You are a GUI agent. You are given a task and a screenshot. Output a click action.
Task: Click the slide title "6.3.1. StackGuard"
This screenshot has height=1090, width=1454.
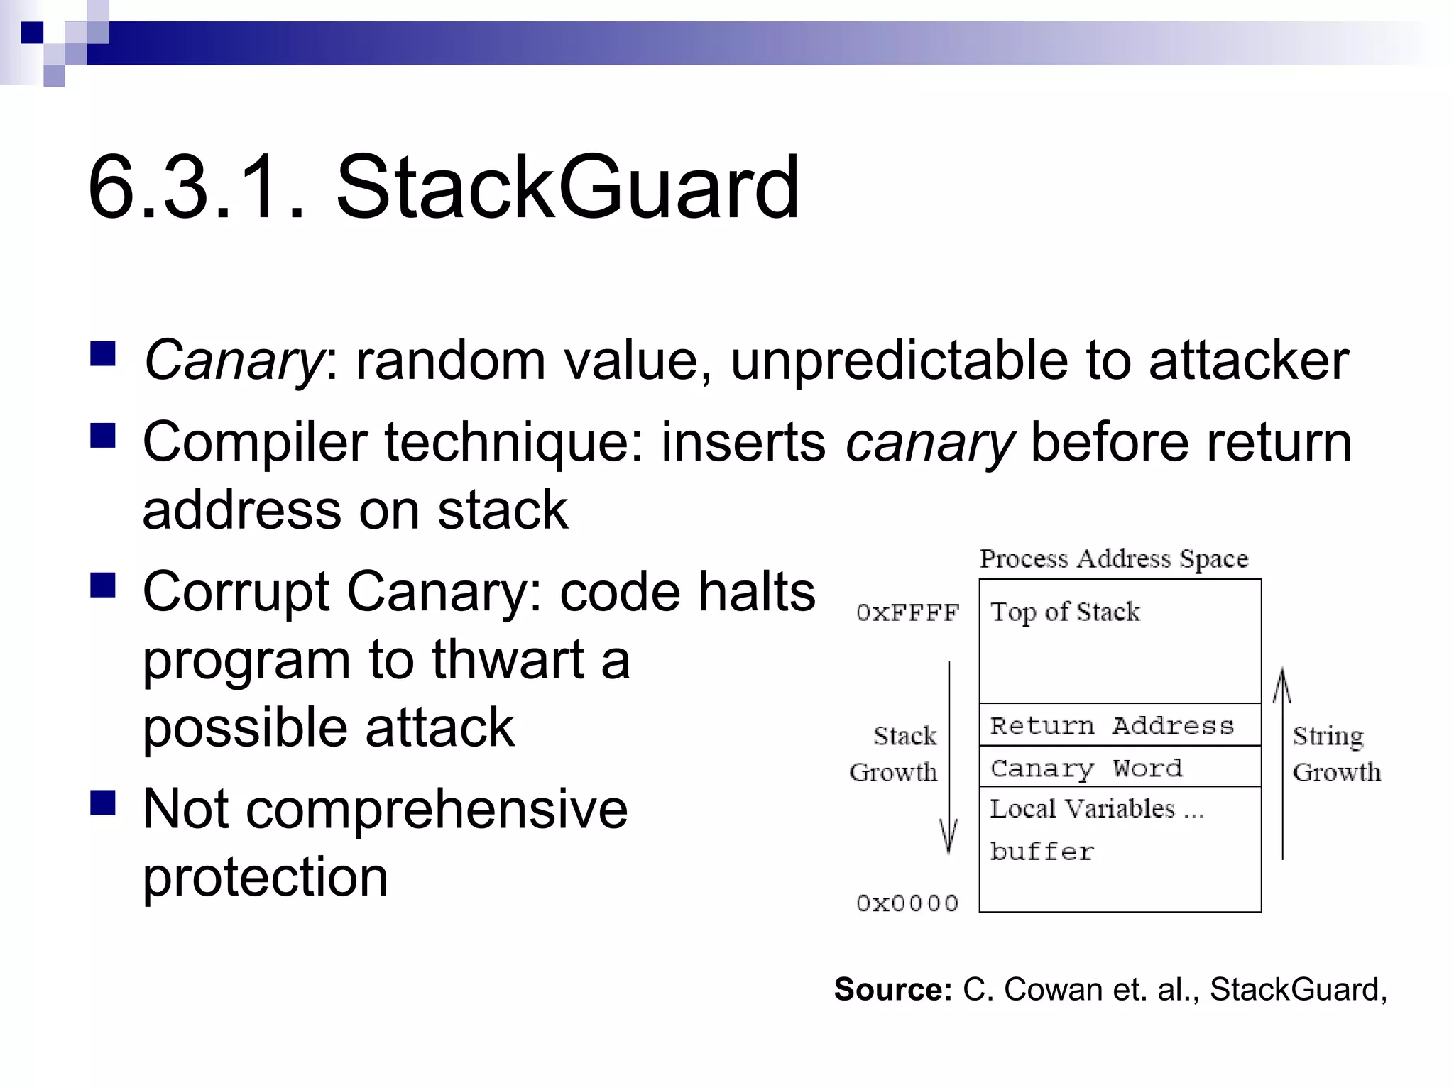[443, 188]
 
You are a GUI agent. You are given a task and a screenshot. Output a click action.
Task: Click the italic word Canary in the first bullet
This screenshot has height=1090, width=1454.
[234, 360]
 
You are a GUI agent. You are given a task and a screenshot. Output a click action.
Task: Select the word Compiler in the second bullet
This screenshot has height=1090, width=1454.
[255, 443]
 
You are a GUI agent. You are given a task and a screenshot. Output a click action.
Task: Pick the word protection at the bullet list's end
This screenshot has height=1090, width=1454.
[266, 877]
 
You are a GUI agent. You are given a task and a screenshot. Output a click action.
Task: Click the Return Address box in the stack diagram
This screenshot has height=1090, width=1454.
[1120, 725]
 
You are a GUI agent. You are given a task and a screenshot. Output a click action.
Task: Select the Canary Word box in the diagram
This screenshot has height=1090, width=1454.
[1120, 767]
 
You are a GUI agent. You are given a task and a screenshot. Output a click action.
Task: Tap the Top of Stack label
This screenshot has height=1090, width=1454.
[1065, 612]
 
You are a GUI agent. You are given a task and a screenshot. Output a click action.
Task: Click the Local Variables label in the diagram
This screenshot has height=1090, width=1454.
[1096, 809]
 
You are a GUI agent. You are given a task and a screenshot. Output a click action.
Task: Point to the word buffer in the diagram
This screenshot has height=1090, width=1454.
[1042, 851]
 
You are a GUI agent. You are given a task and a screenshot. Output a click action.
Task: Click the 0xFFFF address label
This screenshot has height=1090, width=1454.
[907, 612]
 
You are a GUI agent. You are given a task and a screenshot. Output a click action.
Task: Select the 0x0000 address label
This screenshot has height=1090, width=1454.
[907, 903]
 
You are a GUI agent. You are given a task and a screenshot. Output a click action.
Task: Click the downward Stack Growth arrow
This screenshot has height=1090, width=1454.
[949, 759]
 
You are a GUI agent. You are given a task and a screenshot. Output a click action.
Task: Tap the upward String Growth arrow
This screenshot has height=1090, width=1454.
[1282, 763]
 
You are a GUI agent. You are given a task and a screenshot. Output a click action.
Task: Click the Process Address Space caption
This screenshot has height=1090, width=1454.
[1114, 559]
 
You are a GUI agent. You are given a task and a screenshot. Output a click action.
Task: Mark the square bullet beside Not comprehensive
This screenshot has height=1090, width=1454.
[104, 804]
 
